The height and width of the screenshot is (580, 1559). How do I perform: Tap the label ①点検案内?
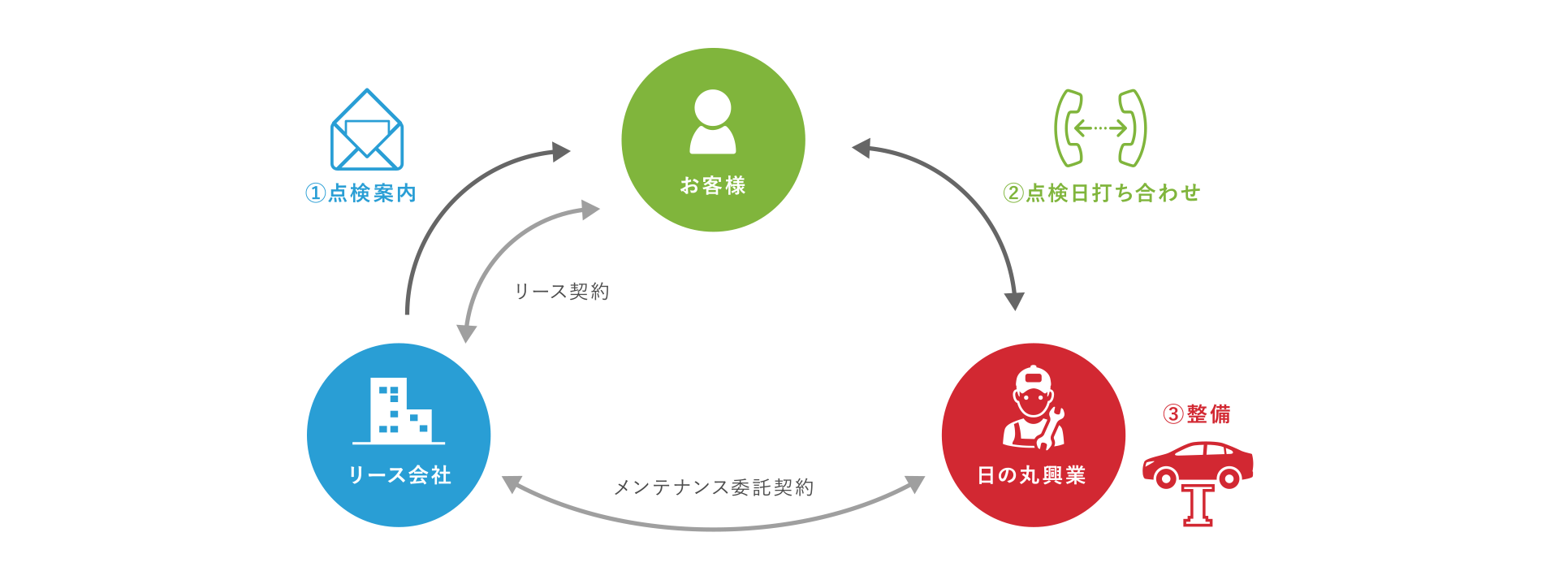click(361, 193)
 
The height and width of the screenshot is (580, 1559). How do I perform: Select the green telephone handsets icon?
click(1100, 128)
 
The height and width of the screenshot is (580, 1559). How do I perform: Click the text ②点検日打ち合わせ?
click(1102, 193)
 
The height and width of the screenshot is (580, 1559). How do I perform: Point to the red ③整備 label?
click(1197, 414)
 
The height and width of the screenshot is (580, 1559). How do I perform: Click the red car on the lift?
click(1198, 463)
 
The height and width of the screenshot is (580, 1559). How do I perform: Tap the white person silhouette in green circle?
click(713, 122)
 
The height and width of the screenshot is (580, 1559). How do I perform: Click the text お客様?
click(713, 186)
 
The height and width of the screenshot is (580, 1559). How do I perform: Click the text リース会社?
click(399, 475)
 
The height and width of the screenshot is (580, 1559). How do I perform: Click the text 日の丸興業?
click(1032, 475)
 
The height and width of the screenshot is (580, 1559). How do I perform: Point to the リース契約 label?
click(562, 292)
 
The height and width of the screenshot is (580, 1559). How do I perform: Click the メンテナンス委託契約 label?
click(714, 487)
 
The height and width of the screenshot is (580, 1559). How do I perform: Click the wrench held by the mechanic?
click(1050, 430)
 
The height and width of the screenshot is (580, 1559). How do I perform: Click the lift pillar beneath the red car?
click(1198, 505)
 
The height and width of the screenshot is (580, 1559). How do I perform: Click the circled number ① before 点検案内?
click(315, 193)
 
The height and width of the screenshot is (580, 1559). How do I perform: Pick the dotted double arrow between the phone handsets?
click(1100, 128)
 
